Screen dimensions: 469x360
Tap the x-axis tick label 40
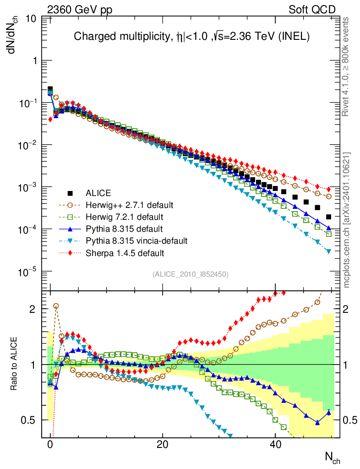[274, 445]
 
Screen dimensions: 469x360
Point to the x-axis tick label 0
[50, 445]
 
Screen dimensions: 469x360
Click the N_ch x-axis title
[332, 457]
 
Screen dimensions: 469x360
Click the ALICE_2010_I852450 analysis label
[191, 274]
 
